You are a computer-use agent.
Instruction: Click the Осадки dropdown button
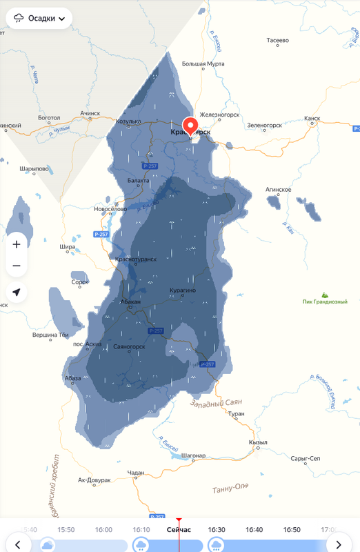coord(39,19)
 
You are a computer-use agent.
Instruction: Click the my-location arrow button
coord(17,292)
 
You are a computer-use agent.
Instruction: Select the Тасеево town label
coord(277,41)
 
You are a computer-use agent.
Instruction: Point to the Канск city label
coord(312,118)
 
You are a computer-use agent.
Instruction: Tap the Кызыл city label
coord(258,442)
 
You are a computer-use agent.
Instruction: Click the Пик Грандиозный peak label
coord(325,302)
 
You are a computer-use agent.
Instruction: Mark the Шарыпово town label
coord(34,168)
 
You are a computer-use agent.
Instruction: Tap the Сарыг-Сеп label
coord(306,458)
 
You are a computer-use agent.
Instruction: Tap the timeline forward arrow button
coord(339,545)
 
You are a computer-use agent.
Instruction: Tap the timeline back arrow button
coord(18,545)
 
